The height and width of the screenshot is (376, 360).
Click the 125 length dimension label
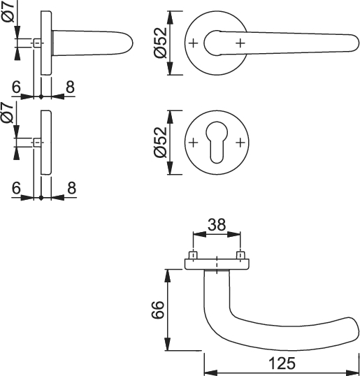point(282,363)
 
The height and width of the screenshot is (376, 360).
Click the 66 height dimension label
point(158,310)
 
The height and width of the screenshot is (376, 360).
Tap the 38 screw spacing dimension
point(217,224)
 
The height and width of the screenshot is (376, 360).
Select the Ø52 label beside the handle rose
point(160,43)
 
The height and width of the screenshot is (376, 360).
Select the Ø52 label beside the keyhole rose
point(160,142)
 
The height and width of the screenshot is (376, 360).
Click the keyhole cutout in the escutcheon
point(217,143)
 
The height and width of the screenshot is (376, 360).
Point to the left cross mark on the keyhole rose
point(194,143)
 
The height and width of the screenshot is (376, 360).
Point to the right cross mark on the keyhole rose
point(240,143)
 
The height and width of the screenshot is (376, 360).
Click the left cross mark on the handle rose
point(194,43)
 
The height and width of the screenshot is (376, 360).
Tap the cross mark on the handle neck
point(240,43)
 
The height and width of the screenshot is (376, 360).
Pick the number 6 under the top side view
point(16,87)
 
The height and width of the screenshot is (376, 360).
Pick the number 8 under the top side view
point(70,87)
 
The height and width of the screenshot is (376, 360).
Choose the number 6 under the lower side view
point(16,188)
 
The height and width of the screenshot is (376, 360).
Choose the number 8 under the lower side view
point(71,188)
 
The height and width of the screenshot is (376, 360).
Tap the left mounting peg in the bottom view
point(193,255)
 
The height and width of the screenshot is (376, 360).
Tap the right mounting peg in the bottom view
point(240,255)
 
